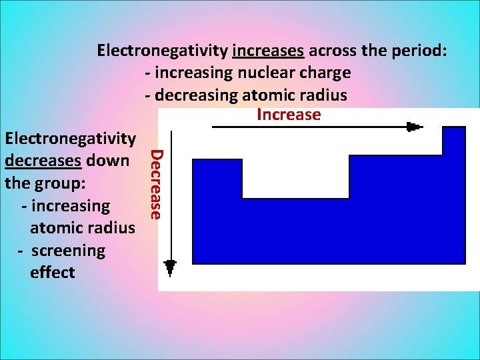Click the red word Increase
(x=289, y=115)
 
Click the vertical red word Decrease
(x=155, y=184)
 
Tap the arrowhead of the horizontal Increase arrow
(x=415, y=127)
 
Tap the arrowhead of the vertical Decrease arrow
(x=170, y=267)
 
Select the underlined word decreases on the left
(x=43, y=161)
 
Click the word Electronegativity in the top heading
(x=163, y=50)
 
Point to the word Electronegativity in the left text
(x=70, y=139)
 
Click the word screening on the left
(x=68, y=251)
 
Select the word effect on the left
(x=53, y=273)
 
